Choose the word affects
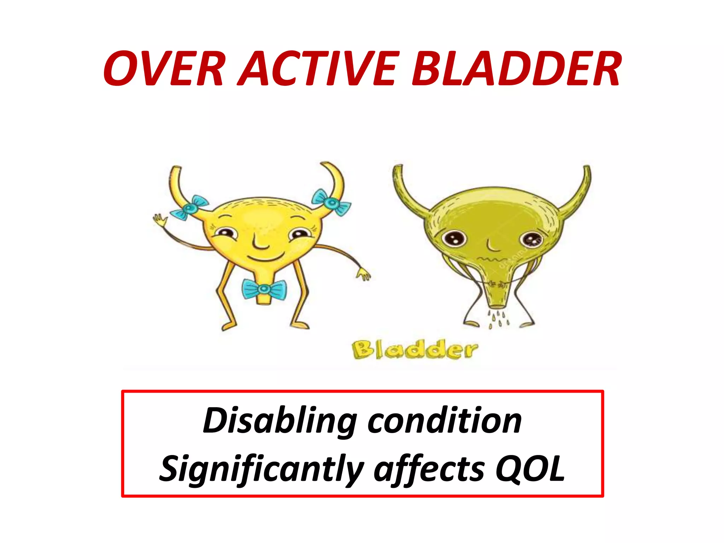[429, 469]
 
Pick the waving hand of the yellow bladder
[160, 220]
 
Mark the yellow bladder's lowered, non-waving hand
[363, 274]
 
